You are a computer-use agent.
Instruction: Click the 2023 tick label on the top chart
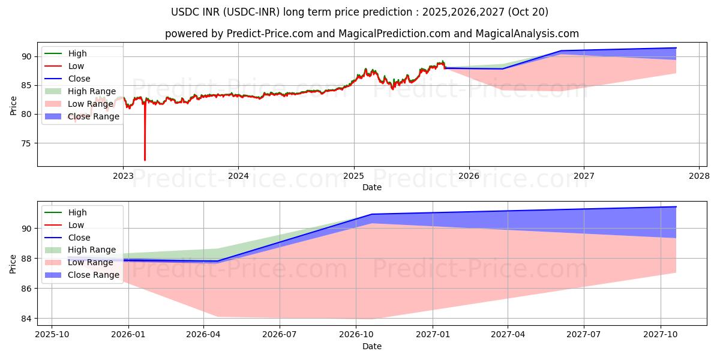[x=123, y=176]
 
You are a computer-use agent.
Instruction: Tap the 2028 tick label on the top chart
[x=699, y=176]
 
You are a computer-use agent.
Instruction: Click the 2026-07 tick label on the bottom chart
[x=280, y=335]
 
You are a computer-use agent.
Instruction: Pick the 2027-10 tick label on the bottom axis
[x=661, y=335]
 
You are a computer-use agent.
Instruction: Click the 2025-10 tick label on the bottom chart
[x=52, y=335]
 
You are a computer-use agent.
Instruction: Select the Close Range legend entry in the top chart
[x=94, y=116]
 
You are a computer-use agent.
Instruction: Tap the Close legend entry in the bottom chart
[x=79, y=238]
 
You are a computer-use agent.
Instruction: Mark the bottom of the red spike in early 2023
[x=145, y=160]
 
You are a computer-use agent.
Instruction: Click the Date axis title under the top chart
[x=372, y=187]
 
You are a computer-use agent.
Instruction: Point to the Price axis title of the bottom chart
[x=13, y=263]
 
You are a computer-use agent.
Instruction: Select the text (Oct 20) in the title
[x=529, y=12]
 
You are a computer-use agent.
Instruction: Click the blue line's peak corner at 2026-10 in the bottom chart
[x=372, y=214]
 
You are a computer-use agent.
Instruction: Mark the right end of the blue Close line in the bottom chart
[x=676, y=207]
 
